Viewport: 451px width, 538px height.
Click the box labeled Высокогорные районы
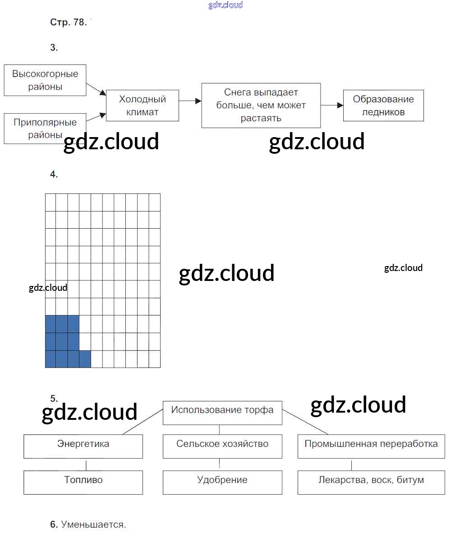pos(45,80)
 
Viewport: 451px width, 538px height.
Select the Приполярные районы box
pos(45,129)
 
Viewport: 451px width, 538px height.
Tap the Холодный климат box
pos(142,106)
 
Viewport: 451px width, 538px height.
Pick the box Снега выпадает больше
pos(261,105)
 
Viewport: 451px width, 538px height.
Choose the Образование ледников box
pos(383,106)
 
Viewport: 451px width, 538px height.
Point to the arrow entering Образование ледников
pos(332,105)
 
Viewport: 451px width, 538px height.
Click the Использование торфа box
pos(222,412)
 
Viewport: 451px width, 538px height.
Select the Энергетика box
pos(83,446)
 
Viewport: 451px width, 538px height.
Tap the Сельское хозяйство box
pos(222,446)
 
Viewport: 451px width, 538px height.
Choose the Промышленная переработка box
pos(371,446)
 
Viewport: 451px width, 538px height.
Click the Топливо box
pos(83,482)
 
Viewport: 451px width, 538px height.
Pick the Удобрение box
pos(222,482)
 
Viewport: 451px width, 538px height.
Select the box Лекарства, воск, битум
pos(371,482)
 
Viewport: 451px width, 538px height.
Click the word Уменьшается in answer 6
pos(93,524)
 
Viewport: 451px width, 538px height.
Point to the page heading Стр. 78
pos(68,22)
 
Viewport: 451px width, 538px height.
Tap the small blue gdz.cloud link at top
pos(225,5)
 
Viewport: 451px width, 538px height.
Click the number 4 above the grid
pos(54,175)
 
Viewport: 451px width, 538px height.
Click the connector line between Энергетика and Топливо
pos(86,464)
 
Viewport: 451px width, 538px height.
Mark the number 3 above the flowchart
pos(54,47)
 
